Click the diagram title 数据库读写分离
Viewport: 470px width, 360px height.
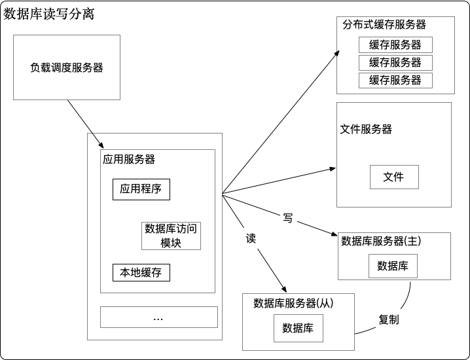pyautogui.click(x=49, y=14)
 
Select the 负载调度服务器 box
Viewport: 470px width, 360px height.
pyautogui.click(x=67, y=67)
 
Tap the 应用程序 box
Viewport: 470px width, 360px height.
pyautogui.click(x=141, y=190)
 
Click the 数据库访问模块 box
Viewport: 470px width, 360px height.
pyautogui.click(x=171, y=236)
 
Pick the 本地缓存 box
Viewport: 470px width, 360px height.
pyautogui.click(x=141, y=272)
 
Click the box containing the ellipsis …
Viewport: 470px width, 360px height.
pyautogui.click(x=158, y=317)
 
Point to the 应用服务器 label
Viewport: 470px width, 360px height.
pyautogui.click(x=129, y=159)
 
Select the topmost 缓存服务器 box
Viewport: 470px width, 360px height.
pyautogui.click(x=395, y=45)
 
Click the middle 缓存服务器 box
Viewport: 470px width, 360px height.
pyautogui.click(x=395, y=63)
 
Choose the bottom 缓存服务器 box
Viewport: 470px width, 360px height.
pyautogui.click(x=395, y=81)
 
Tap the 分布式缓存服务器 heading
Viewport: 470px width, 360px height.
pyautogui.click(x=384, y=24)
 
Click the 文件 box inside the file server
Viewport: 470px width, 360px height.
pyautogui.click(x=393, y=177)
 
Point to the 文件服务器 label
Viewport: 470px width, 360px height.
pyautogui.click(x=367, y=130)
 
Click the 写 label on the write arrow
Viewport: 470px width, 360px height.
pyautogui.click(x=287, y=217)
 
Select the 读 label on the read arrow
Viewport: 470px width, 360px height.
pyautogui.click(x=250, y=238)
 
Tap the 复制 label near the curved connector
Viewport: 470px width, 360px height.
pyautogui.click(x=389, y=320)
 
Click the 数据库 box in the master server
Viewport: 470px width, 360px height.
pyautogui.click(x=393, y=266)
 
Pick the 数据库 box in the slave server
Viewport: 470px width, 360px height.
pyautogui.click(x=298, y=328)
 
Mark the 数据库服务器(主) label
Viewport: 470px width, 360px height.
pyautogui.click(x=381, y=242)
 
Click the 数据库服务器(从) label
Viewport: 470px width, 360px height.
pyautogui.click(x=294, y=304)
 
